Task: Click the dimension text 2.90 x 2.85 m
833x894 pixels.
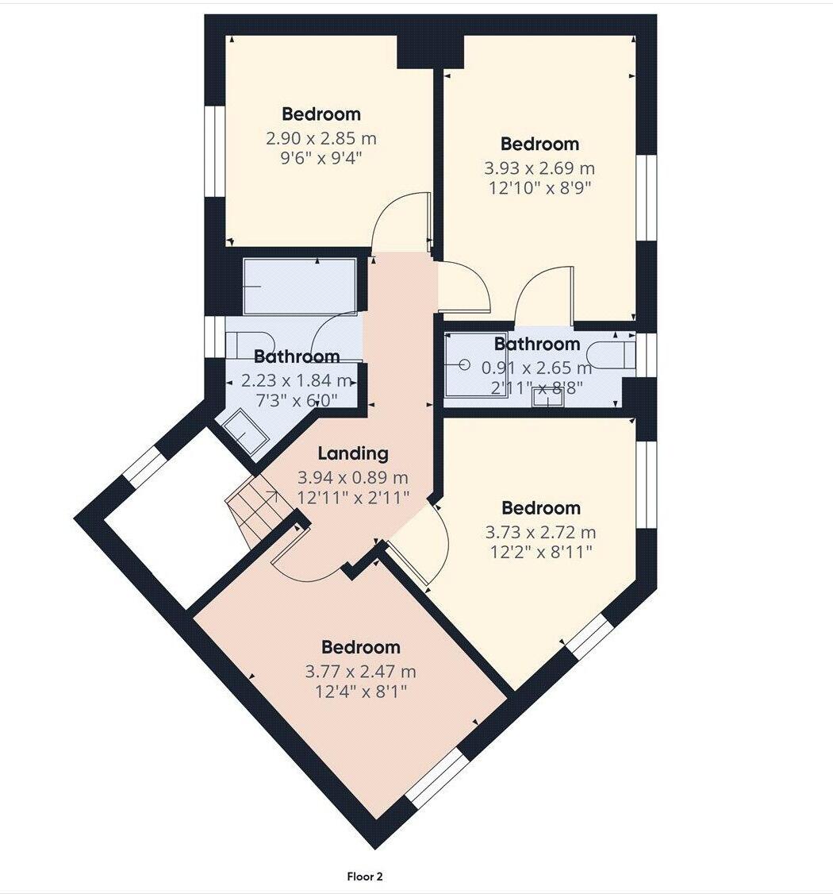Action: coord(321,138)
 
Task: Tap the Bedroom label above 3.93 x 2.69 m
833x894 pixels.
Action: coord(539,144)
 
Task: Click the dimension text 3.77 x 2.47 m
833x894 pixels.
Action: coord(361,672)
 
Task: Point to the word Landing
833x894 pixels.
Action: coord(353,453)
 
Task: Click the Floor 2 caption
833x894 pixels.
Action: coord(365,877)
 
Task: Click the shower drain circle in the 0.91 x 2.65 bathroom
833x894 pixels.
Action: coord(464,365)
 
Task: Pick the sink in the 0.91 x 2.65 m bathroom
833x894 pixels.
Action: coord(547,398)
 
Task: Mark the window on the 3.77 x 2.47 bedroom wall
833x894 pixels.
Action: coord(437,777)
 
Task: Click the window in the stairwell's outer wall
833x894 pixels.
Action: coord(144,466)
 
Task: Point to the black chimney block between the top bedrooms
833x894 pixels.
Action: coord(429,52)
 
